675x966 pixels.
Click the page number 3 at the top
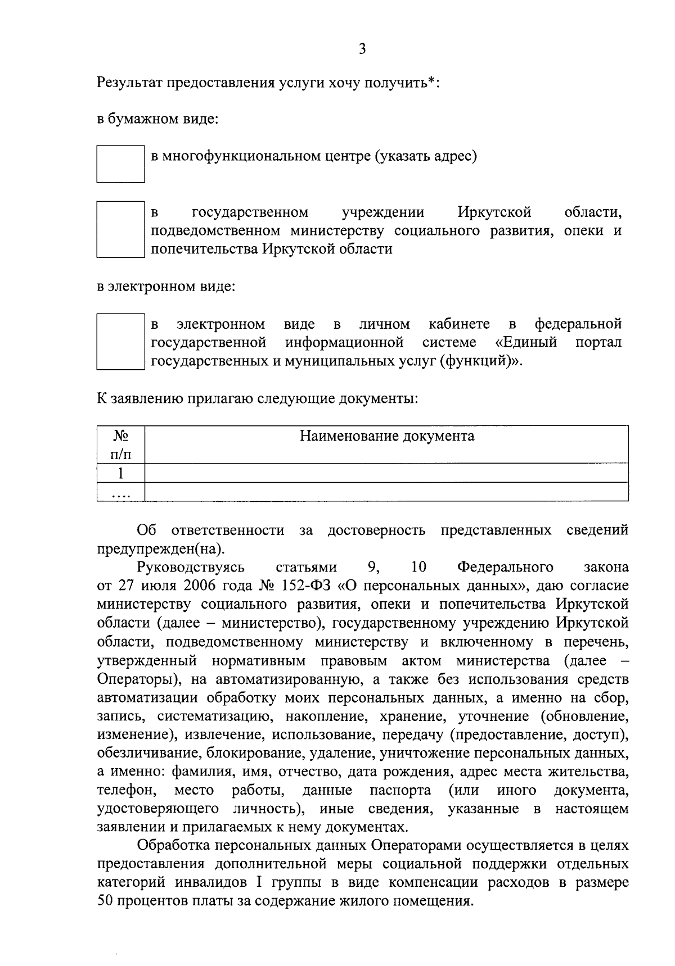click(362, 49)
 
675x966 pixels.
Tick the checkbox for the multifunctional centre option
click(120, 164)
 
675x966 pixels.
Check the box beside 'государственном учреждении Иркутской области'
click(120, 229)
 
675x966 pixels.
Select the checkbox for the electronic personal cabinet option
click(120, 342)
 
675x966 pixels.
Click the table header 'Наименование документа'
click(386, 436)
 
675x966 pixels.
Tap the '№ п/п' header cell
click(120, 445)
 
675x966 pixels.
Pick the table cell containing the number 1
click(120, 473)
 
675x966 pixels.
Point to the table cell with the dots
click(120, 492)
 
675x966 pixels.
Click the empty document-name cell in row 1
click(386, 473)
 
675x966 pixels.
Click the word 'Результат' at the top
click(129, 83)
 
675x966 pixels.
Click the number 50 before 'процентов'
click(105, 901)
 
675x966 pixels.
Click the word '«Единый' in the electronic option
click(526, 342)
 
